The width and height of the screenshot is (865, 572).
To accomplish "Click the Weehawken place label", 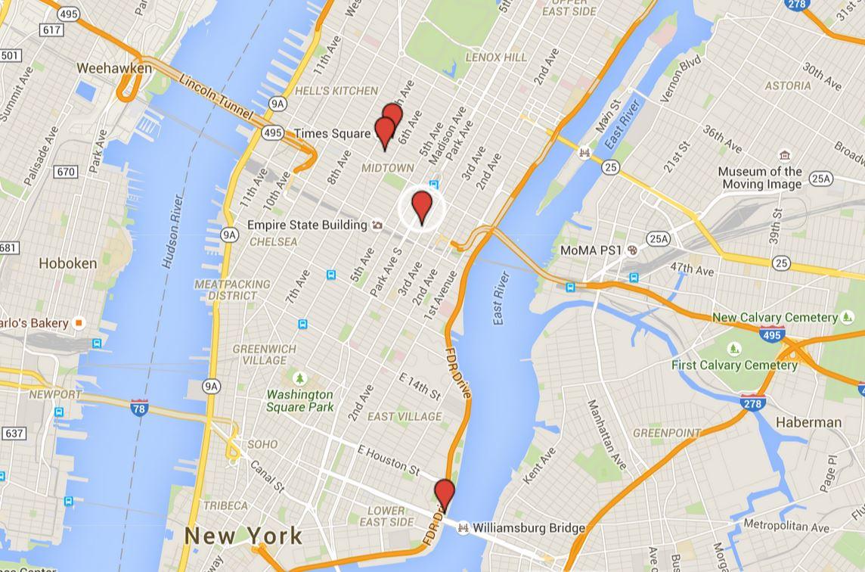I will coord(114,68).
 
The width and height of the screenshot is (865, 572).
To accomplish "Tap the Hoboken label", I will coord(68,263).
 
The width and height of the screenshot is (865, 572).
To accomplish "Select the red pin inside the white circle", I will coord(421,207).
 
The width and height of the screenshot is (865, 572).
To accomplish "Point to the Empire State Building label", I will coord(307,225).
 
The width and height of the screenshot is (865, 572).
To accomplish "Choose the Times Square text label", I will coord(332,133).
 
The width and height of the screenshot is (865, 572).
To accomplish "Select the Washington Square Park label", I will coord(299,400).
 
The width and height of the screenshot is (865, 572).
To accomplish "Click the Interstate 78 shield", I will coord(139,407).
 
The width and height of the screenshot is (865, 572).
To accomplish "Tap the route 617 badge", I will coord(52,30).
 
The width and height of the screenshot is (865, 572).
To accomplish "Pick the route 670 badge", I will coord(66,172).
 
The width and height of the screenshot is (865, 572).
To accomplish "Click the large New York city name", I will coord(243,536).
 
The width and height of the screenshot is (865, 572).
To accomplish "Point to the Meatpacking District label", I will coord(232,289).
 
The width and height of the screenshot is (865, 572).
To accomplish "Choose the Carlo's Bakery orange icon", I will coord(79,323).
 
